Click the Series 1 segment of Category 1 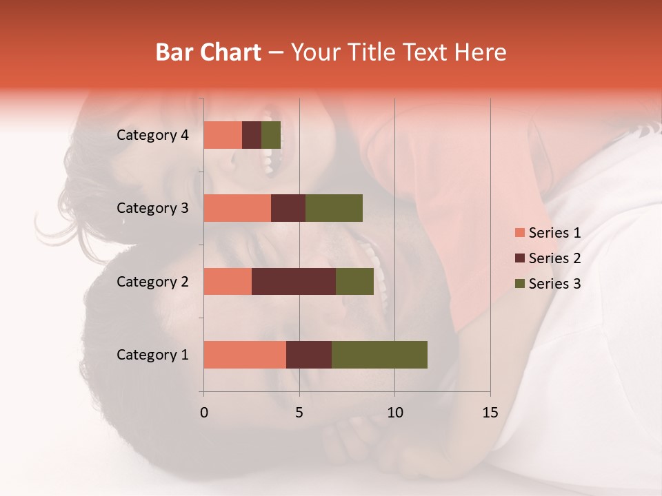[x=245, y=354]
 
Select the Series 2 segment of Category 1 [x=309, y=354]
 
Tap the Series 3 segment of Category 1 [x=379, y=354]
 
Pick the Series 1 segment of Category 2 [x=228, y=281]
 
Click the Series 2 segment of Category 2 [x=294, y=281]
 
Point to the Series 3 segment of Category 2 [x=354, y=281]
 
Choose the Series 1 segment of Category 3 [x=237, y=208]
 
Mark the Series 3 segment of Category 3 [x=334, y=208]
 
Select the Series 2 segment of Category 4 [x=252, y=135]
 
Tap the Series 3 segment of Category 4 [x=271, y=135]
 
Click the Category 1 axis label [x=152, y=355]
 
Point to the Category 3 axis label [x=152, y=208]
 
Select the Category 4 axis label [x=152, y=135]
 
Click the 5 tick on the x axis [x=299, y=413]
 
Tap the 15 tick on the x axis [x=490, y=413]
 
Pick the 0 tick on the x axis [x=203, y=413]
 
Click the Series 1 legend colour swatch [x=519, y=233]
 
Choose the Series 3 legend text [x=554, y=284]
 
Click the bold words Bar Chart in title [x=208, y=52]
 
